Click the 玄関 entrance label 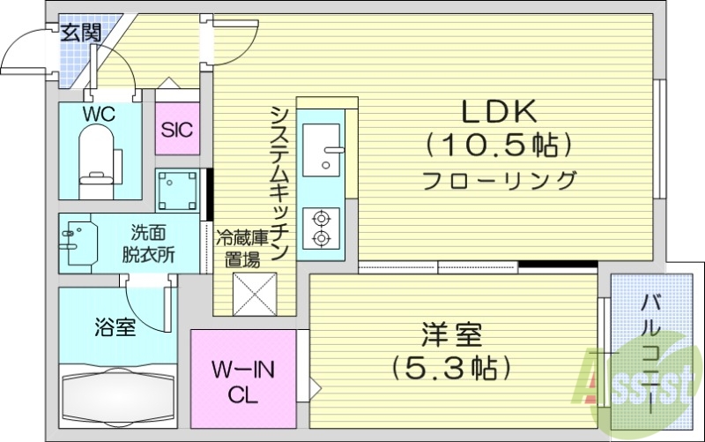[80, 34]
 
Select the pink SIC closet [177, 130]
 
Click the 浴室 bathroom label [115, 328]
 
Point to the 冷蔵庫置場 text [241, 248]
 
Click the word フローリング [498, 181]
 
